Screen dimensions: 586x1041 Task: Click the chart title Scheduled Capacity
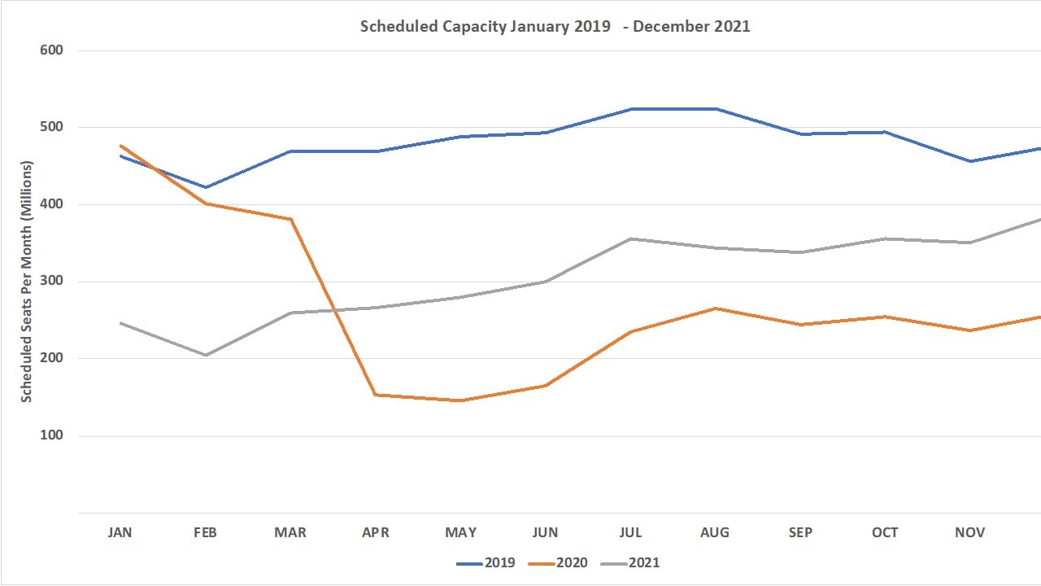pos(555,26)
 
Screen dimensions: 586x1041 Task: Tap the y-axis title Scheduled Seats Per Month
pos(26,282)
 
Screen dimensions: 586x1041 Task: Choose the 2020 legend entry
pos(558,562)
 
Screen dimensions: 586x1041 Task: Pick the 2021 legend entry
pos(630,562)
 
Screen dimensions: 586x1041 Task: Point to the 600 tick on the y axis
pos(52,50)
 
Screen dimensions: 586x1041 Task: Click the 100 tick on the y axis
pos(52,435)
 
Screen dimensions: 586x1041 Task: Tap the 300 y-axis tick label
pos(52,282)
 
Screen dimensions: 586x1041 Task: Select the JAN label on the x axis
pos(120,532)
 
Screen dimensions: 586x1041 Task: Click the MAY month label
pos(460,532)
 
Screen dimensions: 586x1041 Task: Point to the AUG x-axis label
pos(716,532)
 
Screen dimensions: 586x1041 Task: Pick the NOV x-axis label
pos(969,532)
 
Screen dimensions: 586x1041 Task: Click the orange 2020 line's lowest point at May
pos(460,400)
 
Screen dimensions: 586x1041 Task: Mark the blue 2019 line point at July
pos(631,109)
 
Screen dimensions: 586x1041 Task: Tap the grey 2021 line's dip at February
pos(205,355)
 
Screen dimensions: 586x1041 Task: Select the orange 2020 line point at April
pos(376,395)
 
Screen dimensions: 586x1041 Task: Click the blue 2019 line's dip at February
pos(205,187)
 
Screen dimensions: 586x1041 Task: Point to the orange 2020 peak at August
pos(716,308)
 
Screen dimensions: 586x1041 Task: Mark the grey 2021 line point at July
pos(631,238)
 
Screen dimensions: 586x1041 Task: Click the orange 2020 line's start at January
pos(120,146)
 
